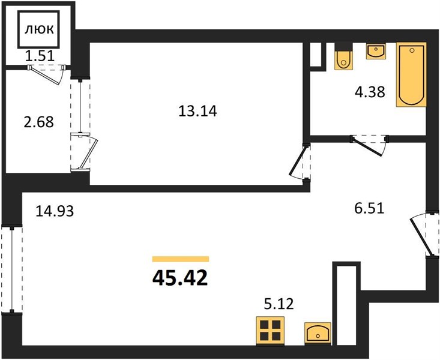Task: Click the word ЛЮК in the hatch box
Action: [x=39, y=29]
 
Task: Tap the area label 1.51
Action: [x=39, y=56]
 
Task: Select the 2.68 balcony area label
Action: [x=39, y=122]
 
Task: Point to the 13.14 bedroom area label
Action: [x=197, y=111]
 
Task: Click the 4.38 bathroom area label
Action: [x=370, y=92]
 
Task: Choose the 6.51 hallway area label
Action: [x=369, y=208]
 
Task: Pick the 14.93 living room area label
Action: [x=55, y=211]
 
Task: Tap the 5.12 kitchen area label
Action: [x=279, y=304]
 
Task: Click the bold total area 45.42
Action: [x=180, y=278]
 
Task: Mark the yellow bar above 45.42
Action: [x=181, y=259]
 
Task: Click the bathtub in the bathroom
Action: [x=411, y=74]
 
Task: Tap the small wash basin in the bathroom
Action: [x=376, y=51]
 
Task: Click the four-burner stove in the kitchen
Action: [x=270, y=330]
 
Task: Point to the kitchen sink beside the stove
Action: [x=318, y=334]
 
